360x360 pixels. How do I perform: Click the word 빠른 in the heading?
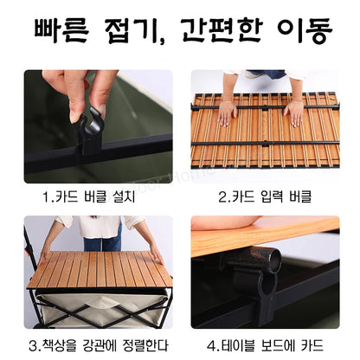click(61, 30)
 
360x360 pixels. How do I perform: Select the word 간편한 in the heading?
click(222, 30)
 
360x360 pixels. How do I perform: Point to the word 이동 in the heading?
click(305, 30)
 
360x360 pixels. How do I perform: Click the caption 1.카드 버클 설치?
click(89, 197)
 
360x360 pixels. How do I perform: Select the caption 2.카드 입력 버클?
click(265, 197)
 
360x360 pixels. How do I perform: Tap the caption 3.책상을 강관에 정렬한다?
click(99, 345)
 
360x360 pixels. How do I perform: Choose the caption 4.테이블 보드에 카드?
click(265, 345)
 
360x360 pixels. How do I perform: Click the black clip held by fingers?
click(90, 132)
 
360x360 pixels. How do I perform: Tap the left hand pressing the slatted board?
click(228, 113)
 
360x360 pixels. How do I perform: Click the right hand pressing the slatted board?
click(293, 114)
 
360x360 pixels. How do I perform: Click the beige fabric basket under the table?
click(101, 309)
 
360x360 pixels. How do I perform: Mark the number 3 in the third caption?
click(33, 345)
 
